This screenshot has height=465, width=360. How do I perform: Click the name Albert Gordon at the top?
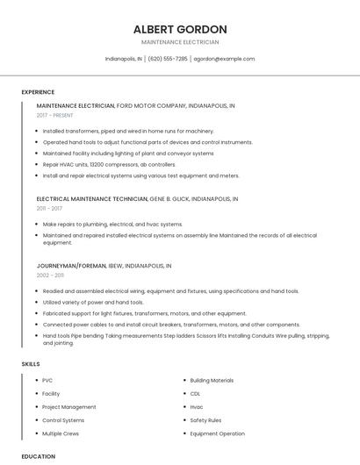180,29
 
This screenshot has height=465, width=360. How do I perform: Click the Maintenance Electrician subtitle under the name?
180,42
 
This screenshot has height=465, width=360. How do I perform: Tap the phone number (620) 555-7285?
168,59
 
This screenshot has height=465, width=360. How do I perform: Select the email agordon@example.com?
224,59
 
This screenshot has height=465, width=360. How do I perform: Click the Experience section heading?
38,92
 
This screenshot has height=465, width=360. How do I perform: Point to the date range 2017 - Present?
55,115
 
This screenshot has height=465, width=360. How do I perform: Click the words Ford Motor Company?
151,105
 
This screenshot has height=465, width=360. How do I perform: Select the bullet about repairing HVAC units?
97,164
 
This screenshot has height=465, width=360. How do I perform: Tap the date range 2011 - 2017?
49,209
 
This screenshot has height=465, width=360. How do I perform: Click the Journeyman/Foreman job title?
71,265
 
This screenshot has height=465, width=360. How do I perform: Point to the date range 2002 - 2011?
50,275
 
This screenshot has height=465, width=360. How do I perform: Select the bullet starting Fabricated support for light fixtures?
144,313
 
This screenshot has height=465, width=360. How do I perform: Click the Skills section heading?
31,364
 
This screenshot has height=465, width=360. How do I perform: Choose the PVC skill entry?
47,381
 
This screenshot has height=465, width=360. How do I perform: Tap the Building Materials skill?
212,381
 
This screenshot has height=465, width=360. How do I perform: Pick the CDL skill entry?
195,394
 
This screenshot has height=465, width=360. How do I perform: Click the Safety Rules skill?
205,420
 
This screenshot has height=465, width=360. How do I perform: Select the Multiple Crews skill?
61,433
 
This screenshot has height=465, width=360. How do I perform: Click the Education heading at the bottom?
38,456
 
